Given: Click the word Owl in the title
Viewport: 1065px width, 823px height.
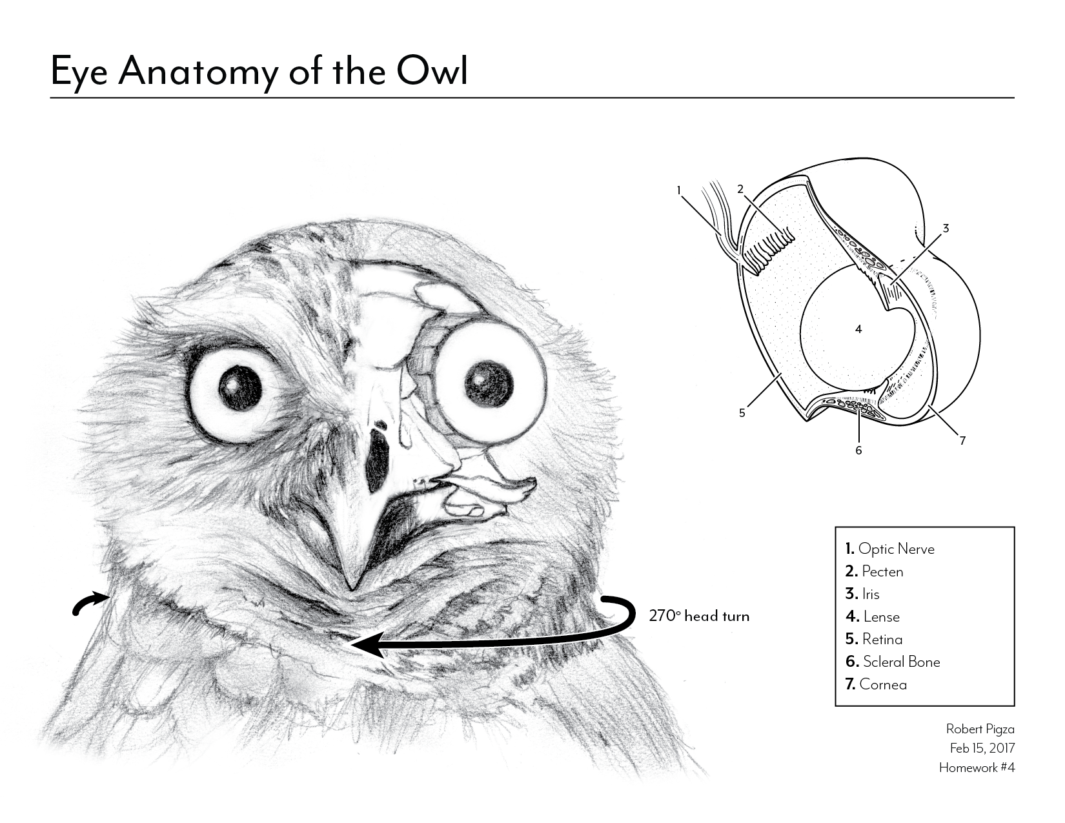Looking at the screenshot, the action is tap(432, 70).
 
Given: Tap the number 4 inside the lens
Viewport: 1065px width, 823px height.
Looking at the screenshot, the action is tap(858, 329).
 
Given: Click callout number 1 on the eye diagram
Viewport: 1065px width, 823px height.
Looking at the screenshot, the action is tap(679, 190).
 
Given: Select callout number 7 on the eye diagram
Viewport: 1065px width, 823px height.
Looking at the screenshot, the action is tap(962, 441).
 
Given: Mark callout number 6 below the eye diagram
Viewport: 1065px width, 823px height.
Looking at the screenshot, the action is tap(858, 450).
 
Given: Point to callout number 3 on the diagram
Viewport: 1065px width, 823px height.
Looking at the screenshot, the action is tap(946, 228).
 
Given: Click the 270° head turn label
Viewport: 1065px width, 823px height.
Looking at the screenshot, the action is tap(699, 616).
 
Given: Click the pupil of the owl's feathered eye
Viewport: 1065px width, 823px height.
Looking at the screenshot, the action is tap(240, 388).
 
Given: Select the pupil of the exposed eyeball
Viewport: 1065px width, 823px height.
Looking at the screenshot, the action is tap(489, 383).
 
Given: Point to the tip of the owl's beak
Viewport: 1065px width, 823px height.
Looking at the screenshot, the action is tap(351, 588).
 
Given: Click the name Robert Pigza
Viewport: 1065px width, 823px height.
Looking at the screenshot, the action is tap(980, 729).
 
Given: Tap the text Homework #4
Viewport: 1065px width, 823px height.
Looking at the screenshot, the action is tap(977, 767).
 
